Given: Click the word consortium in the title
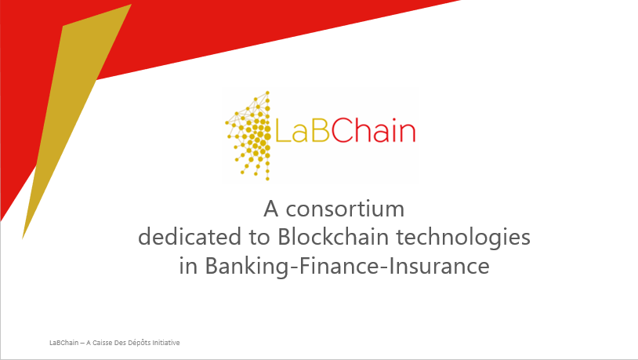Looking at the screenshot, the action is click(x=345, y=209).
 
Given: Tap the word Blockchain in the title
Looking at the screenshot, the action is click(x=333, y=237).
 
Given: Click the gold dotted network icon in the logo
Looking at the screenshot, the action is click(x=248, y=136).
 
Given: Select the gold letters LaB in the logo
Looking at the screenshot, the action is click(x=303, y=131).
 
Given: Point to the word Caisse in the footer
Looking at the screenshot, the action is click(x=102, y=343).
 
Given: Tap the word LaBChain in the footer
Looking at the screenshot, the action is click(x=64, y=343).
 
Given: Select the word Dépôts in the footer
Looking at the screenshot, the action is click(x=140, y=343).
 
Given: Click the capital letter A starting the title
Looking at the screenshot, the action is click(x=271, y=209).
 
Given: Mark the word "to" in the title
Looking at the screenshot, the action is click(x=259, y=238).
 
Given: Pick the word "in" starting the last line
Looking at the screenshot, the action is click(x=188, y=266).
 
